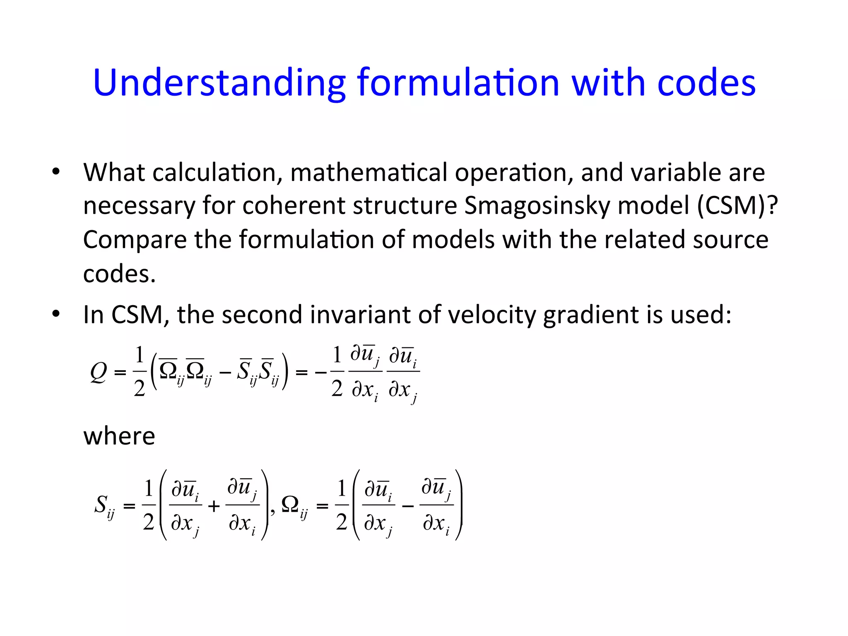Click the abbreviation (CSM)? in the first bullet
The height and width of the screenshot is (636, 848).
pyautogui.click(x=737, y=205)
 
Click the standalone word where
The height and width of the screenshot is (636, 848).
pyautogui.click(x=119, y=436)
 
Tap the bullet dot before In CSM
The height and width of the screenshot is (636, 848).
pyautogui.click(x=56, y=314)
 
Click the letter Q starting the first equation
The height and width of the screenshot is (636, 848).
pyautogui.click(x=99, y=372)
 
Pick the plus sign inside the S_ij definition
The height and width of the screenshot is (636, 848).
pyautogui.click(x=214, y=506)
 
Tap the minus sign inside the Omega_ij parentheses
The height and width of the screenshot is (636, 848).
pyautogui.click(x=408, y=506)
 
